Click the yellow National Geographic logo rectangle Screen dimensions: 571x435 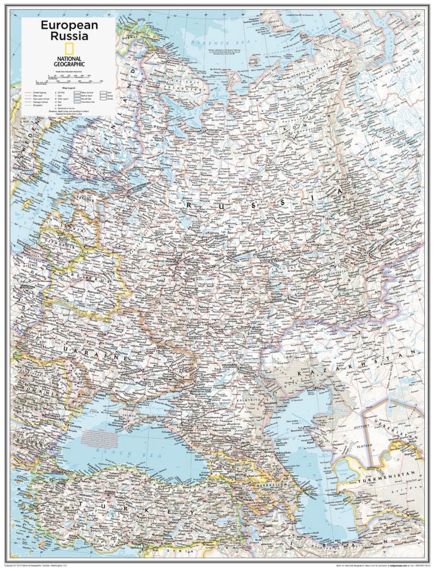[x=69, y=49]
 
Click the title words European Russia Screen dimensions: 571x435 [x=69, y=30]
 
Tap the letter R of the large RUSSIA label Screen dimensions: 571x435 [x=189, y=204]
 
